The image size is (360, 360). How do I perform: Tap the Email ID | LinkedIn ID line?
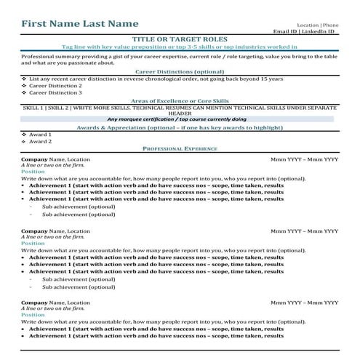303,32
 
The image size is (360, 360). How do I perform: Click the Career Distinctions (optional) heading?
180,72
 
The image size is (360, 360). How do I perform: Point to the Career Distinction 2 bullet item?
55,86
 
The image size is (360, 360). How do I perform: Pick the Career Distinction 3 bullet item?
55,93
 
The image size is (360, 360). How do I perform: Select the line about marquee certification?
180,119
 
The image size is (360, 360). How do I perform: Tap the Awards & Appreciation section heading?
180,127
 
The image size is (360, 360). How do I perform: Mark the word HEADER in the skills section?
180,113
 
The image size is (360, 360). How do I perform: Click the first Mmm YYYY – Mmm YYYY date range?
304,159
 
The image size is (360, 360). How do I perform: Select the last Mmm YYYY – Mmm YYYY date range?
304,302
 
